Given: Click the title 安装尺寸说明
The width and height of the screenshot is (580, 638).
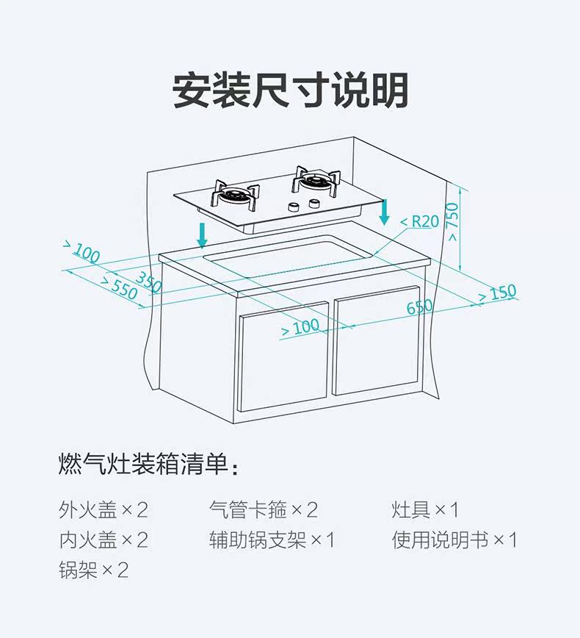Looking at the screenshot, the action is [290, 90].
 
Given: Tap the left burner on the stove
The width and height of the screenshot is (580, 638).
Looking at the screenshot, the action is [237, 196].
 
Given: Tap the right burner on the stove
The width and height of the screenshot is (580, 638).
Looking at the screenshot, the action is [316, 179].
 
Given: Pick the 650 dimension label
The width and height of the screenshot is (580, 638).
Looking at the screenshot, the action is [420, 307].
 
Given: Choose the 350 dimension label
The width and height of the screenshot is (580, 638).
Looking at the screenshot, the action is [148, 281].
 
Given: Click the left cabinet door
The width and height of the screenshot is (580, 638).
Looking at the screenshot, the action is [283, 360].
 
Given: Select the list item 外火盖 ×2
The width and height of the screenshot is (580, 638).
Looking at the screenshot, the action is [104, 509].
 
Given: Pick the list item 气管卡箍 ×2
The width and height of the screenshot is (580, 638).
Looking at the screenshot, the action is [264, 509].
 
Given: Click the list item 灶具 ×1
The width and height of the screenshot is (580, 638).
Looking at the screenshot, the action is [425, 509].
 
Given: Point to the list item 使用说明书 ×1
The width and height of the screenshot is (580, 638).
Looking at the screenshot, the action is [454, 540].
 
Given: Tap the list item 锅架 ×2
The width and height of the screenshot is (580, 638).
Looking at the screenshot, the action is [94, 570].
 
